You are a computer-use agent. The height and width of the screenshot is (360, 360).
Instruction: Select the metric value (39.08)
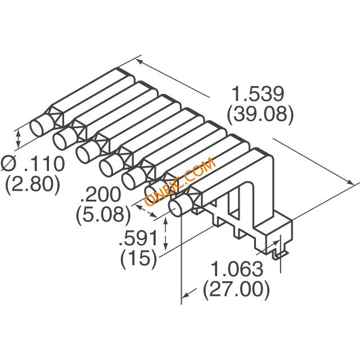click(x=259, y=114)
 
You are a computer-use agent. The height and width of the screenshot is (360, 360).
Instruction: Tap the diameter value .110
click(x=42, y=164)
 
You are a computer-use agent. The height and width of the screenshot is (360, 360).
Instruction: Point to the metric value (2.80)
click(x=32, y=184)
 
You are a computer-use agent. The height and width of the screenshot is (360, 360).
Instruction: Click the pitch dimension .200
click(x=101, y=195)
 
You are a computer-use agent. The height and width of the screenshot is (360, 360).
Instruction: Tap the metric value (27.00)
click(x=236, y=290)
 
